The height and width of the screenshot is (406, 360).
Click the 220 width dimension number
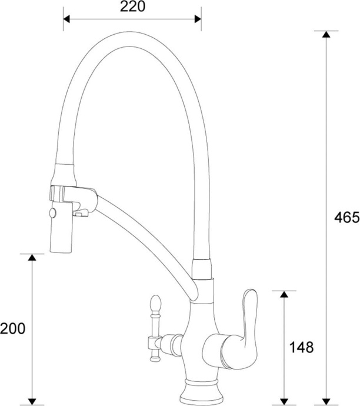click(x=132, y=7)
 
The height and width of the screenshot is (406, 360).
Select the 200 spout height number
click(x=13, y=328)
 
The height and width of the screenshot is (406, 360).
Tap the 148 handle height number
click(x=301, y=347)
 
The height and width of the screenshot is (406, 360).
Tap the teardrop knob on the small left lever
click(x=155, y=304)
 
